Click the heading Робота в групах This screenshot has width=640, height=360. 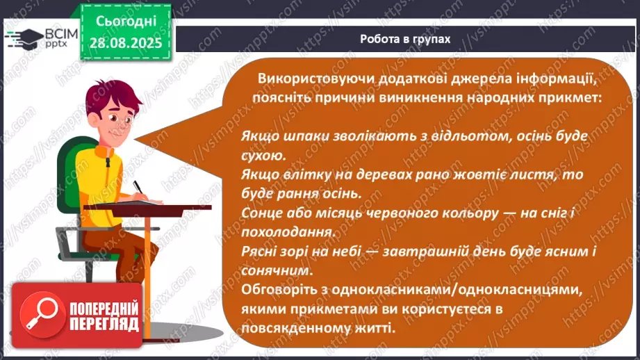tap(405, 39)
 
